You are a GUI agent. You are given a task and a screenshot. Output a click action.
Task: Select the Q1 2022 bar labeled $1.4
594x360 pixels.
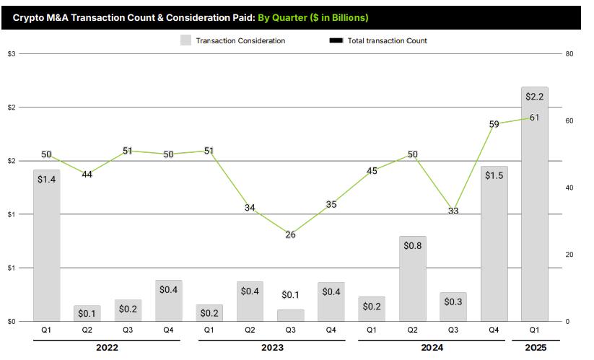click(x=46, y=245)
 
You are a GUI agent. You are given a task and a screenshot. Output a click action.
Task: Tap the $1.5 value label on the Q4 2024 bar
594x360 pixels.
click(x=494, y=175)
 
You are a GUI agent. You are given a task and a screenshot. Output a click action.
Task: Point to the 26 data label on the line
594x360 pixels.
click(x=290, y=234)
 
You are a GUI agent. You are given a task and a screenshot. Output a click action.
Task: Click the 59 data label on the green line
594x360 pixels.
click(x=494, y=124)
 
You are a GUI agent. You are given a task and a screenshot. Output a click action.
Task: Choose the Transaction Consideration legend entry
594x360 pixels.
click(x=232, y=40)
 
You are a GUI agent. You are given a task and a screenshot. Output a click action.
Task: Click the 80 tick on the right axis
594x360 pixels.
click(x=569, y=54)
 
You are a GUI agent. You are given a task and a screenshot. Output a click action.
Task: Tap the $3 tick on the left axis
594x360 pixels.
click(x=12, y=54)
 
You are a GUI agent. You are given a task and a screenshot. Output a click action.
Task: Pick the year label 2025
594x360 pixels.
click(x=534, y=348)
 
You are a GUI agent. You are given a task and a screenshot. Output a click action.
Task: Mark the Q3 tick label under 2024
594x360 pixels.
click(x=453, y=330)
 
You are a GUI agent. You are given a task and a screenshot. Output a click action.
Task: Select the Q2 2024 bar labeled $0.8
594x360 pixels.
click(x=413, y=278)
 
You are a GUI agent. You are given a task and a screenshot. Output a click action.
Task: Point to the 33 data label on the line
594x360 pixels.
click(x=453, y=211)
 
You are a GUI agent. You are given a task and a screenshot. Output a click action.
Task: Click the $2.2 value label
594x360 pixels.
click(x=534, y=97)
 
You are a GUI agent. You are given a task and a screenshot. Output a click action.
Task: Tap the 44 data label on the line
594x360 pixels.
click(x=87, y=175)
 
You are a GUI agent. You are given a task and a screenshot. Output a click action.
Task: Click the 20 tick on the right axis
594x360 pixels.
click(x=569, y=255)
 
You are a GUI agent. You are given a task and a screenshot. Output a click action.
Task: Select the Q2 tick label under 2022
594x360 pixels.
click(x=87, y=330)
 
